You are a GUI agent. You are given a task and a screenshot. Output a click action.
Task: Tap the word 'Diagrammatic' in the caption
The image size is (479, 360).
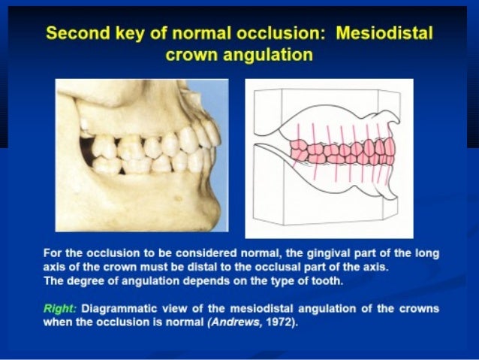pyautogui.click(x=119, y=309)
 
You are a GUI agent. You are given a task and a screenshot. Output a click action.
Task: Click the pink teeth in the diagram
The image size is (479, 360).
pyautogui.click(x=342, y=150)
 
